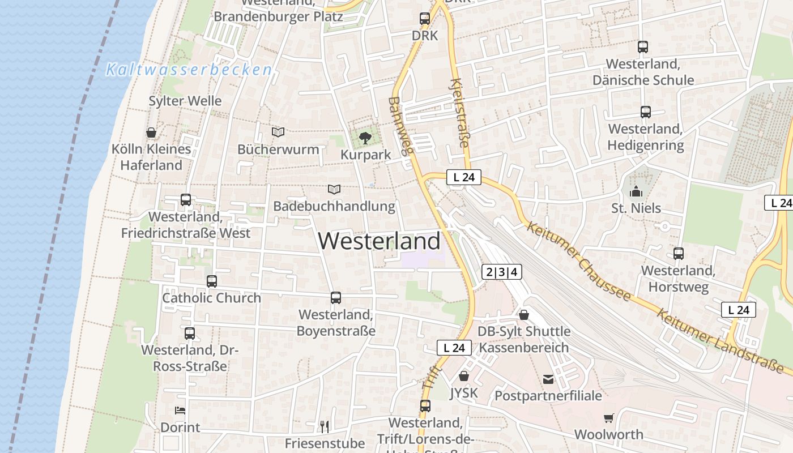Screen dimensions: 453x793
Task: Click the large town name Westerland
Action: click(379, 241)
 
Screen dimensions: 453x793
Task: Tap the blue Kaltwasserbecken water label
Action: click(189, 70)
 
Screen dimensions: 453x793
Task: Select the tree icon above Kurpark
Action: click(365, 137)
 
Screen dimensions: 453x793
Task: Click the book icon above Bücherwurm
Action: click(278, 132)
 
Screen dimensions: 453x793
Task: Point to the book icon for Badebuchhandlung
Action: click(334, 189)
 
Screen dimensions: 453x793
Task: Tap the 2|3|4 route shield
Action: click(501, 272)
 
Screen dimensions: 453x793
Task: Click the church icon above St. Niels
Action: click(636, 191)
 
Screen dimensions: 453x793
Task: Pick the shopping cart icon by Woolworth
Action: click(608, 418)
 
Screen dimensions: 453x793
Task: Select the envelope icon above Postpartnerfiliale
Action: click(548, 379)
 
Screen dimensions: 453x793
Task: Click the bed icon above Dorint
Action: click(180, 410)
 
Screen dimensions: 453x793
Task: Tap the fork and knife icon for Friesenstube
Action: click(325, 426)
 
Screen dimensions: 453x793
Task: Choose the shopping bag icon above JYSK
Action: click(464, 375)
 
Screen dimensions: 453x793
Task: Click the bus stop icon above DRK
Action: click(425, 18)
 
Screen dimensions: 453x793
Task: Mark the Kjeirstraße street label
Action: click(459, 113)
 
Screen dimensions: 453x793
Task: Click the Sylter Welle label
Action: click(185, 101)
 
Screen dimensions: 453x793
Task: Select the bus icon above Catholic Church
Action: click(211, 281)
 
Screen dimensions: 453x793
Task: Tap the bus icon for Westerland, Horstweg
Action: click(678, 254)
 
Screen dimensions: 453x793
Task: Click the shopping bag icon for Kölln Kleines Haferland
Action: click(151, 133)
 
